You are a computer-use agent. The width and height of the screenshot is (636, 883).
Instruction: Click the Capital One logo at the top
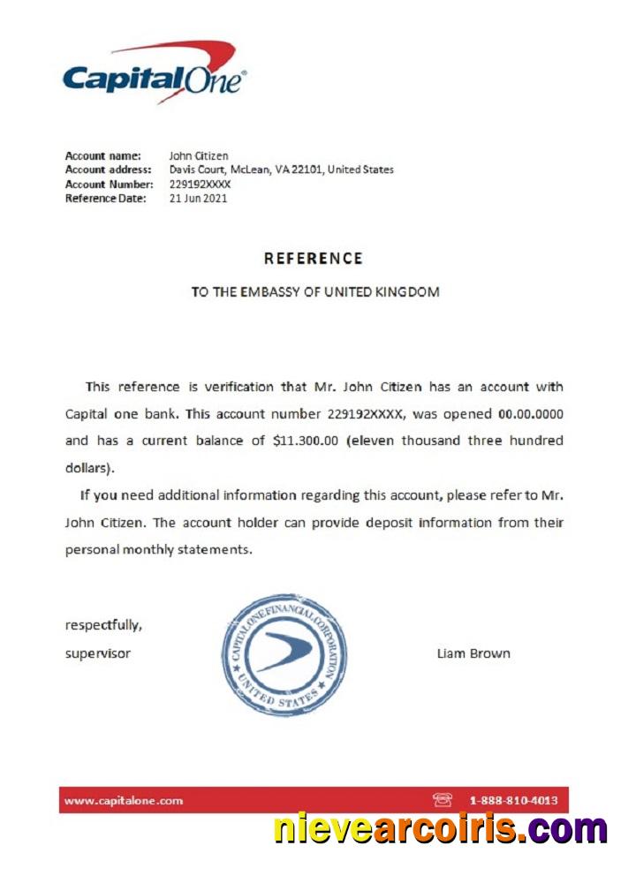[x=154, y=74]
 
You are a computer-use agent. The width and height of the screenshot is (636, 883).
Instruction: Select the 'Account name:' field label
[x=103, y=156]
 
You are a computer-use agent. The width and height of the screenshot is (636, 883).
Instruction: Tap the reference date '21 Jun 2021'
[x=198, y=199]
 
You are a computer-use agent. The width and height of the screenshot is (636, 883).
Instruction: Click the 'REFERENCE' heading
[x=313, y=259]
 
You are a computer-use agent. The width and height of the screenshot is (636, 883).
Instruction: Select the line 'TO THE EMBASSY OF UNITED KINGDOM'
[x=315, y=291]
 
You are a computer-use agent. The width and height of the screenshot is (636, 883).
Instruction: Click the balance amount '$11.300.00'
[x=307, y=441]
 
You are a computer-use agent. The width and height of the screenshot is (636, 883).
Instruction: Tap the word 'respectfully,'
[x=103, y=625]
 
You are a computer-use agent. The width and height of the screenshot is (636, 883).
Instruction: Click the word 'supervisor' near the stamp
[x=98, y=653]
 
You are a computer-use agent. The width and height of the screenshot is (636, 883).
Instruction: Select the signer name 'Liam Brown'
[x=473, y=653]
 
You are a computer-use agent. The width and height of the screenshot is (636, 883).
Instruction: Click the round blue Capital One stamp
[x=284, y=653]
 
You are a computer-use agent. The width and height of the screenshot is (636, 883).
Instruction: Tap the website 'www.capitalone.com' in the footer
[x=124, y=801]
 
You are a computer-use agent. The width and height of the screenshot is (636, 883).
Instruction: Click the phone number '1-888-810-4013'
[x=513, y=801]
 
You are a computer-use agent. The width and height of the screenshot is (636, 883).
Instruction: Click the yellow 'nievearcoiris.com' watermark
[x=440, y=830]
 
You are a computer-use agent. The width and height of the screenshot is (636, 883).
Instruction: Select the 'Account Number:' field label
[x=110, y=185]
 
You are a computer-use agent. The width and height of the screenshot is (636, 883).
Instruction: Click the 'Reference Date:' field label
[x=109, y=199]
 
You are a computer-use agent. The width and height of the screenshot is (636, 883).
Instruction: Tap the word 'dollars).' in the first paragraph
[x=90, y=468]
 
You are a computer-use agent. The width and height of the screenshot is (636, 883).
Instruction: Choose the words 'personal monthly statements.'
[x=159, y=549]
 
